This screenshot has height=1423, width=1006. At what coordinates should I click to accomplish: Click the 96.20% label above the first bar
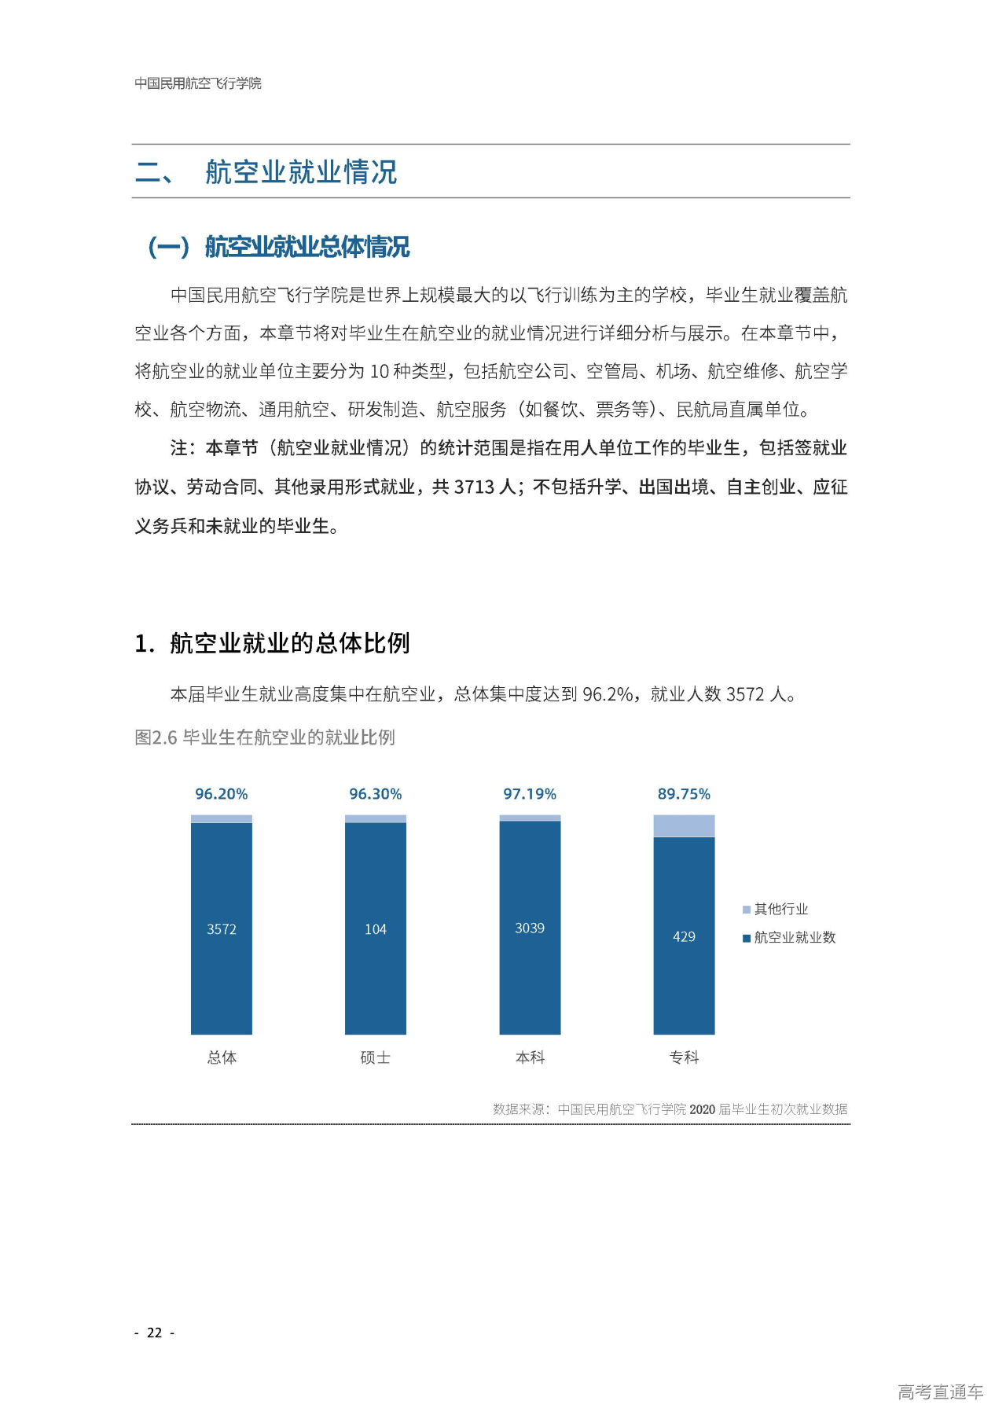tap(221, 794)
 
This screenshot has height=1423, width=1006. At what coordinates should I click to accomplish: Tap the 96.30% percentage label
tap(375, 794)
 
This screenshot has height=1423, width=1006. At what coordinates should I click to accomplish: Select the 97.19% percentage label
tap(530, 794)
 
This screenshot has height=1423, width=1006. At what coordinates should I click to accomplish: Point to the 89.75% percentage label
tap(684, 794)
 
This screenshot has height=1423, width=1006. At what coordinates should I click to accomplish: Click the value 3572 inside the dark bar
tap(221, 929)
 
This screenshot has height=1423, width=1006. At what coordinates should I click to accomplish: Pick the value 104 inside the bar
tap(375, 929)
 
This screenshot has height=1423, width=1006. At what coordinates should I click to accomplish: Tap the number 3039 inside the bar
tap(530, 928)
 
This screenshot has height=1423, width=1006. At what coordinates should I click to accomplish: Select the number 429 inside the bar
tap(684, 936)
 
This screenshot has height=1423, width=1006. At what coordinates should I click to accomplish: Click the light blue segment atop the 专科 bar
tap(684, 825)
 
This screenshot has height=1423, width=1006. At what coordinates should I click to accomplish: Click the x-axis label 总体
tap(221, 1057)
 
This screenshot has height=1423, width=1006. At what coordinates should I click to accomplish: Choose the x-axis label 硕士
tap(375, 1057)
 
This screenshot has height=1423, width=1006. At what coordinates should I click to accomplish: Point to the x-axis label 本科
tap(530, 1057)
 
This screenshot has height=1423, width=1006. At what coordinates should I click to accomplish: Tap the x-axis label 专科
tap(684, 1057)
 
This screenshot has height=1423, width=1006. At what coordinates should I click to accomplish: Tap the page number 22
tap(155, 1333)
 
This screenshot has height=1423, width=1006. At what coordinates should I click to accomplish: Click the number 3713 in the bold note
tap(474, 487)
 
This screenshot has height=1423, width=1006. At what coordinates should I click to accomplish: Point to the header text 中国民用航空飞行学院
tap(198, 83)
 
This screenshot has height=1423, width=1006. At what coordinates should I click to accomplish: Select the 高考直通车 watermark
tap(940, 1392)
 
